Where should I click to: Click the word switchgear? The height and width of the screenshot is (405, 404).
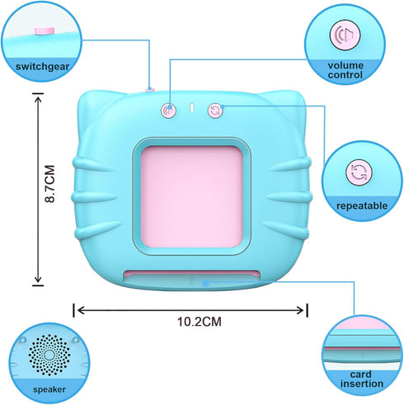(42, 67)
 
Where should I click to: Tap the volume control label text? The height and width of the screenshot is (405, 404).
(345, 70)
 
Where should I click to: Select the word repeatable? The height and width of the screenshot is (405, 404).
(362, 206)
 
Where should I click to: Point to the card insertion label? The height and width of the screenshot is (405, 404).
(361, 379)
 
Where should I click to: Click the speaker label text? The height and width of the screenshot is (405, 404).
(49, 389)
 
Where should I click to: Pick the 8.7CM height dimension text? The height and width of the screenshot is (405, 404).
(50, 184)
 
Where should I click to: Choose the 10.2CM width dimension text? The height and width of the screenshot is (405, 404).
(199, 322)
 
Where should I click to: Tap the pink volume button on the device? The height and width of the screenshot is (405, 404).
(168, 111)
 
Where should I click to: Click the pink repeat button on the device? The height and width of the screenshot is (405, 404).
(215, 111)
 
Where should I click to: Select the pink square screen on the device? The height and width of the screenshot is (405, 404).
(191, 196)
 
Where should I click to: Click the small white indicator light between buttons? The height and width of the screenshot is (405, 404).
(192, 108)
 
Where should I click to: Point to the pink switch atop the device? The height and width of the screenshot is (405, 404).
(150, 89)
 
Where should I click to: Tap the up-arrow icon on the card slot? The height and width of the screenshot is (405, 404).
(192, 280)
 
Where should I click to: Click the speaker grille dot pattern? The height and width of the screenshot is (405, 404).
(49, 355)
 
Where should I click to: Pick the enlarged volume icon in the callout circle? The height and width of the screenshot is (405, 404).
(345, 35)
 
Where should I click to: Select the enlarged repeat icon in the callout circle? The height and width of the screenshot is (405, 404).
(359, 172)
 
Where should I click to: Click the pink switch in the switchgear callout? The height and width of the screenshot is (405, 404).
(45, 31)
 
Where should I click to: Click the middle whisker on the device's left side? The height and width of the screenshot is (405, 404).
(91, 197)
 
